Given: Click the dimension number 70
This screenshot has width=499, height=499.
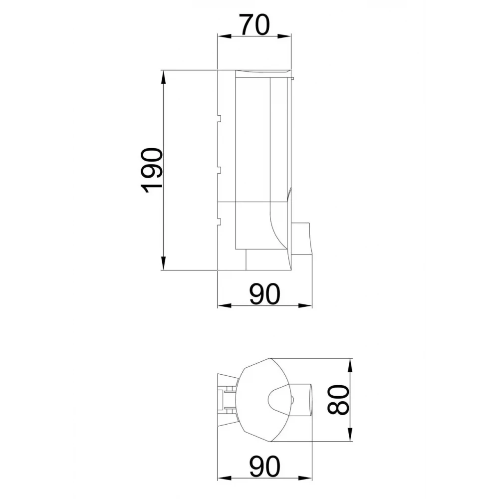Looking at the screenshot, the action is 255,24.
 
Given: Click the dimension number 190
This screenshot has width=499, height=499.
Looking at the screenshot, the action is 152,170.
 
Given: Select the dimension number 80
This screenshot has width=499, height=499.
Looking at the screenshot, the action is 338,400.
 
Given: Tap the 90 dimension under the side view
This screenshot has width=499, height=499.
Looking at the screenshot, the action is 265,294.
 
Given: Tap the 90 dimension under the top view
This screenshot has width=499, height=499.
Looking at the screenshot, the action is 265,467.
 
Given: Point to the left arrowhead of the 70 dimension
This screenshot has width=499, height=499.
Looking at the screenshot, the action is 224,36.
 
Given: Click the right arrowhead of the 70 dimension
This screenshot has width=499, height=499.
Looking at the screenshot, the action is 284,36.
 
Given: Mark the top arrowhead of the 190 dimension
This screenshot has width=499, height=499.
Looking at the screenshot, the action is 163,77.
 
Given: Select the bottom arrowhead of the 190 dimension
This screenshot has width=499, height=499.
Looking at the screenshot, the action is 163,263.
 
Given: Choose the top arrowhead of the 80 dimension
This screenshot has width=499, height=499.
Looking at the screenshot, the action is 350,365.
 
